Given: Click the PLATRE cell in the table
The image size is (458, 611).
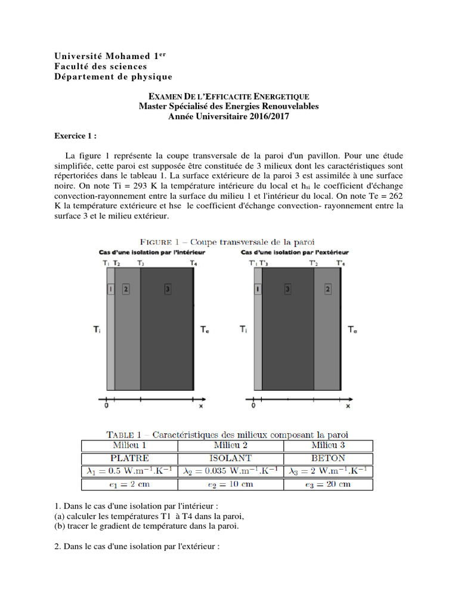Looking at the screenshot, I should (x=129, y=458).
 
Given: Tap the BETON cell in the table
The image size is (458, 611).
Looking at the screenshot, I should (x=328, y=458).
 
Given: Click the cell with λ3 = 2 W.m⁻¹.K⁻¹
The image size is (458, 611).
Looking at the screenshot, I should (x=328, y=471).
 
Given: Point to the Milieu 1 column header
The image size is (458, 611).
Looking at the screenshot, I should (x=129, y=445).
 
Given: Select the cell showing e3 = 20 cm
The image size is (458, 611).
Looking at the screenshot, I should (x=328, y=484).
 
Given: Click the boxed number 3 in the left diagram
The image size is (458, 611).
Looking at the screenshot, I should (x=168, y=289).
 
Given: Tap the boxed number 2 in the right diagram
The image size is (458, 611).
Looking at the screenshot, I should (x=328, y=289).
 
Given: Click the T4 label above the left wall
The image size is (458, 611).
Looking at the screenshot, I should (x=193, y=263).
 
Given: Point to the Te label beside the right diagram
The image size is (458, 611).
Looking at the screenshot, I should (x=353, y=329).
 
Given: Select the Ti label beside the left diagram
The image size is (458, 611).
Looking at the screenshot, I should (x=96, y=329).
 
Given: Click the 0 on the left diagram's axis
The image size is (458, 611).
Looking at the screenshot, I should (x=107, y=406).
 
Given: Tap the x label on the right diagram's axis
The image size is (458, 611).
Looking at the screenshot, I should (x=348, y=406).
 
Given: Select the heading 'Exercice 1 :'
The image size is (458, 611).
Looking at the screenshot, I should (x=75, y=136).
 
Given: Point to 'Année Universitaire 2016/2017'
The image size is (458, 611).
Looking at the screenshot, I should (x=228, y=117).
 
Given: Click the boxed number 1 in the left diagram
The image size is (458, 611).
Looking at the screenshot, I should (x=110, y=289).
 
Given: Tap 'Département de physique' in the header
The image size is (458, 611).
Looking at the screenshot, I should (x=113, y=76).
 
